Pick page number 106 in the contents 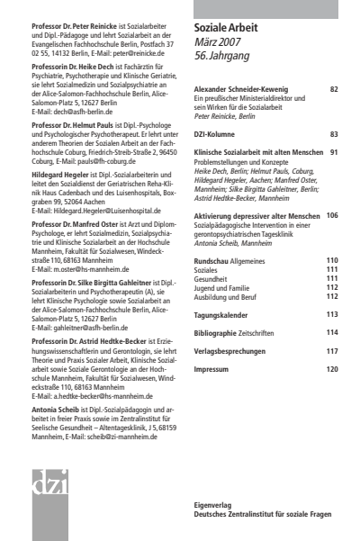[x=332, y=216]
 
